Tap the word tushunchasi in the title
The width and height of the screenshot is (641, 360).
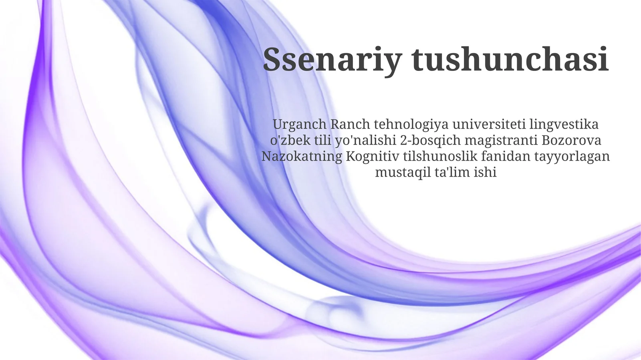point(510,59)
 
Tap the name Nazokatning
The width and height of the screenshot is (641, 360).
point(302,156)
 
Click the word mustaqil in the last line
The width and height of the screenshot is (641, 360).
point(403,172)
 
